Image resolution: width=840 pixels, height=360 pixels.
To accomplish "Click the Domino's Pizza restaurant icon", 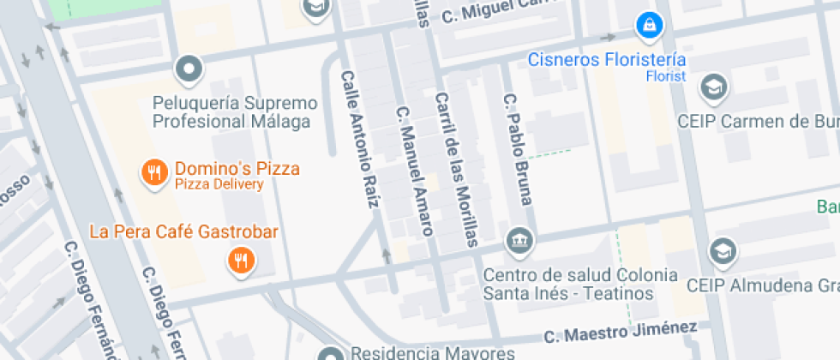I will coord(154,172).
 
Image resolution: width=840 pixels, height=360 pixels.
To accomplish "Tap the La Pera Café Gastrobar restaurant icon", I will coord(242,260).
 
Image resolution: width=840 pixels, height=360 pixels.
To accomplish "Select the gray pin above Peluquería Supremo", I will coord(189,68).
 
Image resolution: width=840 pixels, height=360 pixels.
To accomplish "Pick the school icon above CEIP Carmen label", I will coord(713,87).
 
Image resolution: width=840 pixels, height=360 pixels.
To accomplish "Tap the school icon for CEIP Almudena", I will coord(723,251).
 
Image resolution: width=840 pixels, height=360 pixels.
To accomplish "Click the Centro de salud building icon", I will coord(519,241).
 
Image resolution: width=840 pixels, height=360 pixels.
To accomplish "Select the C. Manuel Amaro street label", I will coord(413,171).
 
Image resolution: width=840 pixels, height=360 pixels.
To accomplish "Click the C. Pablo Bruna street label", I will coord(518,149).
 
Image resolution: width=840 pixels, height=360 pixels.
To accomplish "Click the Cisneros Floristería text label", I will coord(607,59).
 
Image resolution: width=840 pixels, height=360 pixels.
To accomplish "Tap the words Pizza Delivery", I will coord(219,184).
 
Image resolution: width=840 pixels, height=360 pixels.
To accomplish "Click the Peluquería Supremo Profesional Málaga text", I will coord(235,112).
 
